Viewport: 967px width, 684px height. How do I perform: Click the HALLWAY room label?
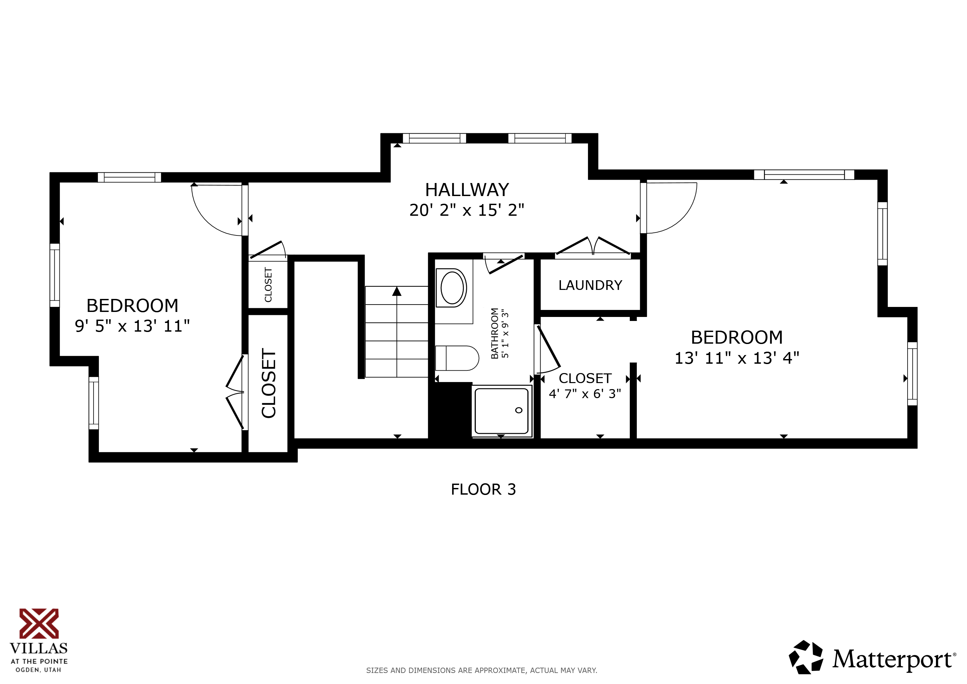click(467, 190)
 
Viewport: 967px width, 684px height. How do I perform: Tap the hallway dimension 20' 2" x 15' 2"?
click(467, 210)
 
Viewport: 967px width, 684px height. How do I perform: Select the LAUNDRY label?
click(590, 286)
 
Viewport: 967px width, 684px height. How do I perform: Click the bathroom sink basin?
click(452, 288)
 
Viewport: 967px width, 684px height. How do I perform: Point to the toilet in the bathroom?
click(457, 358)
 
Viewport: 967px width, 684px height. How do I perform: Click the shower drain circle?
click(519, 410)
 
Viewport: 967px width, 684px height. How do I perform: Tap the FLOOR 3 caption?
click(483, 489)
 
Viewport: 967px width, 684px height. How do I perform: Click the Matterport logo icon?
click(806, 657)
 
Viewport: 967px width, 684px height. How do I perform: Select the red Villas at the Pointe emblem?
click(39, 623)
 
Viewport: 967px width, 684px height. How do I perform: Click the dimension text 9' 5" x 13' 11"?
click(132, 326)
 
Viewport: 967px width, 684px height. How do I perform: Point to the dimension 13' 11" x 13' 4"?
click(737, 358)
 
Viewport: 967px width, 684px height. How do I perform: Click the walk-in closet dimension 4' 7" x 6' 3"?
click(585, 394)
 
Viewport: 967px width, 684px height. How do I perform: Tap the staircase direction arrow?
click(397, 292)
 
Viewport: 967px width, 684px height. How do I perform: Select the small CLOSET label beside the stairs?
click(268, 285)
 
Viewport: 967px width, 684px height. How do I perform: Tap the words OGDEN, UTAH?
click(38, 670)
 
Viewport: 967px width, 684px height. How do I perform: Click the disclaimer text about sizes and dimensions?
click(481, 670)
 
